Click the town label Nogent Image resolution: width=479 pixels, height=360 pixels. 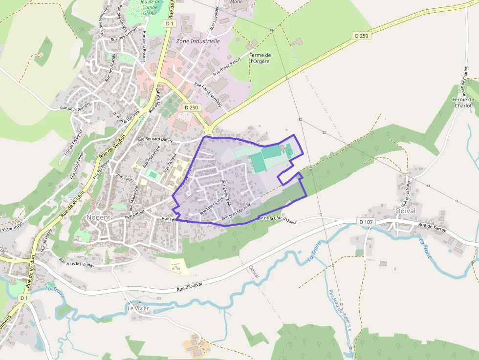[98, 217]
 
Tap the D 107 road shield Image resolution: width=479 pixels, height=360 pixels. [366, 222]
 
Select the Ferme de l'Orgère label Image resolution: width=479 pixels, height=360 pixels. [260, 59]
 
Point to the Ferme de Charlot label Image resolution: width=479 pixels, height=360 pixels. [463, 103]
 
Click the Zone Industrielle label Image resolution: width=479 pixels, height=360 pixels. [198, 42]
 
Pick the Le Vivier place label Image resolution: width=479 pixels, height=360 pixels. [138, 308]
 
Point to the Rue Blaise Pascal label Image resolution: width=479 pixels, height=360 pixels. [227, 68]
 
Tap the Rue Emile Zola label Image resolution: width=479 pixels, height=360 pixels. [227, 192]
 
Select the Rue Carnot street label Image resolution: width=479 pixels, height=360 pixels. [134, 214]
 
